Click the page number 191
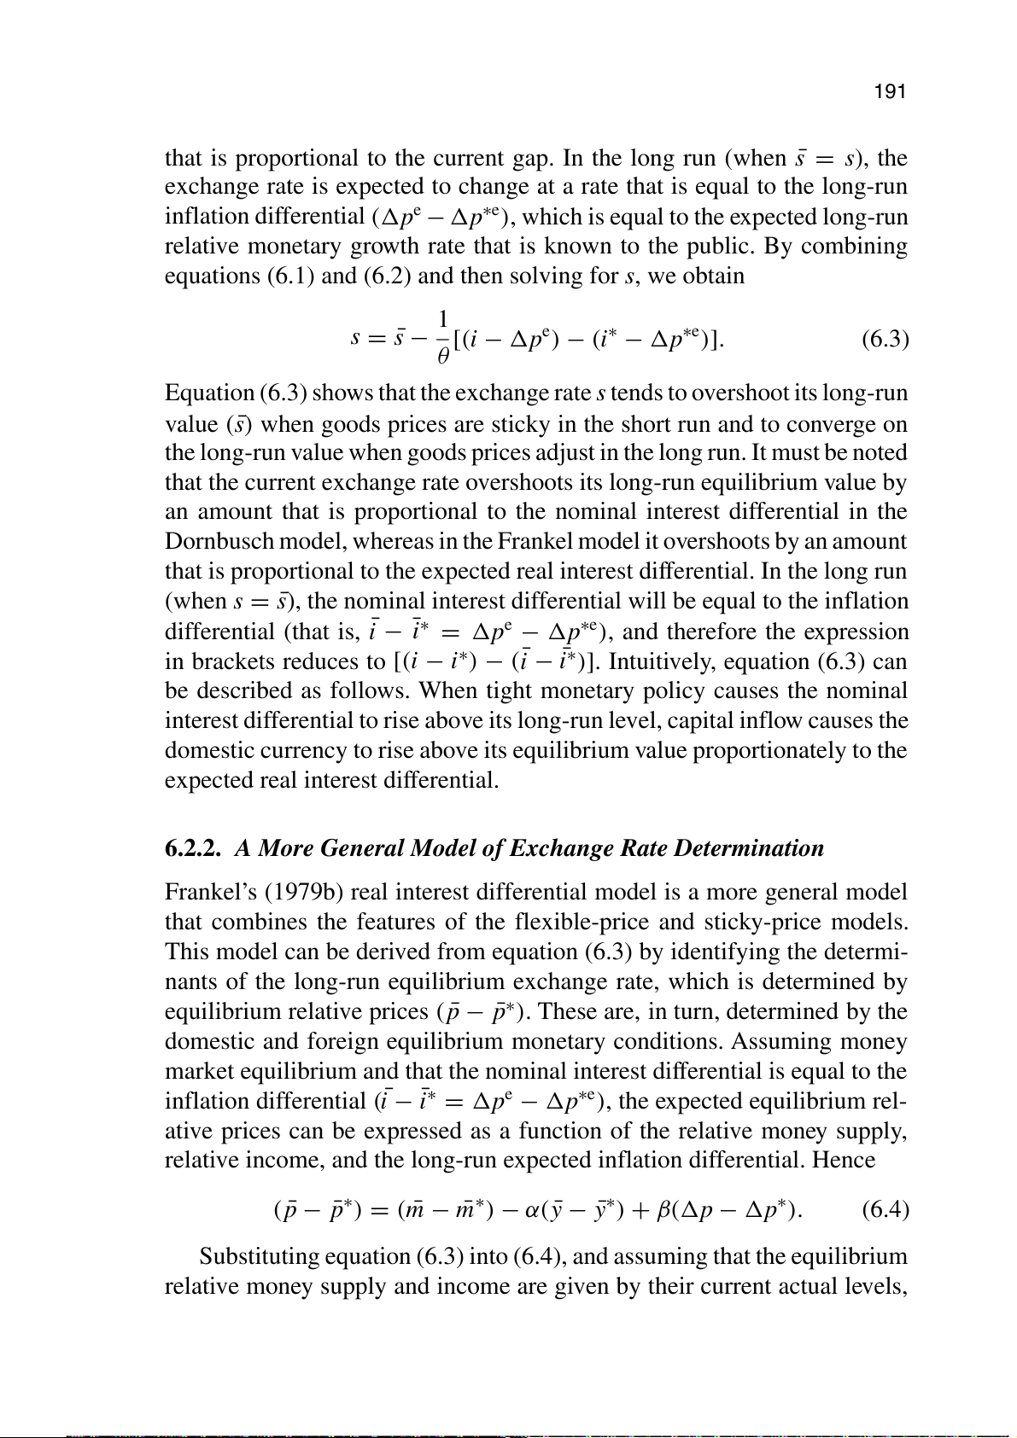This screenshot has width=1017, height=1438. (890, 92)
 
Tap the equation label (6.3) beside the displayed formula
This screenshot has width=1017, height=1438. (885, 340)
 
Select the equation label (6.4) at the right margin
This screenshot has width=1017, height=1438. (885, 1209)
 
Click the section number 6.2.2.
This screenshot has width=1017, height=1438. (194, 848)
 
